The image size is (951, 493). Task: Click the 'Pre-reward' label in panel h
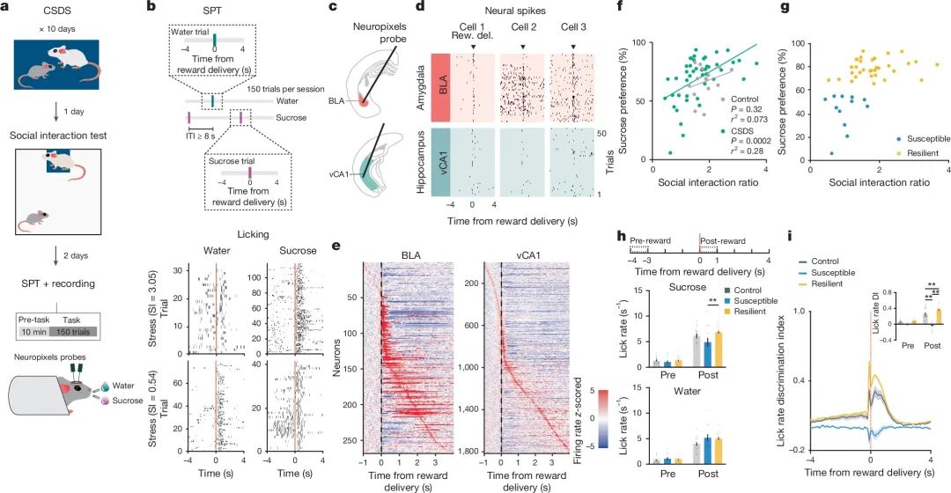coord(652,238)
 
